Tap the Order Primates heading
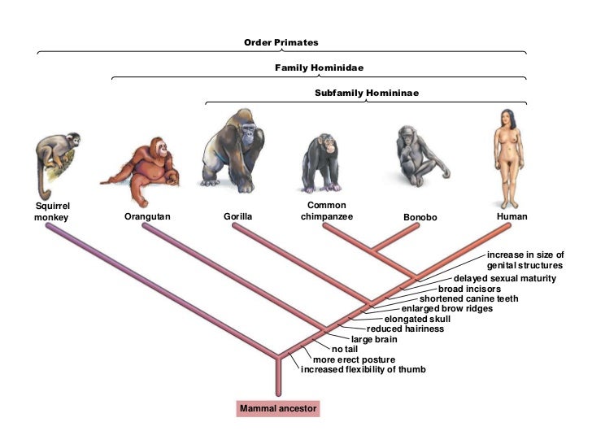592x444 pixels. (281, 42)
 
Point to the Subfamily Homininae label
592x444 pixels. (367, 93)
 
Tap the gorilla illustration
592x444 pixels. (235, 151)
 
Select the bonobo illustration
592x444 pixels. (419, 159)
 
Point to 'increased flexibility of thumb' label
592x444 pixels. (363, 370)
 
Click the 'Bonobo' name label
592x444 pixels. (420, 218)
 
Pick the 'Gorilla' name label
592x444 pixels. (238, 217)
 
